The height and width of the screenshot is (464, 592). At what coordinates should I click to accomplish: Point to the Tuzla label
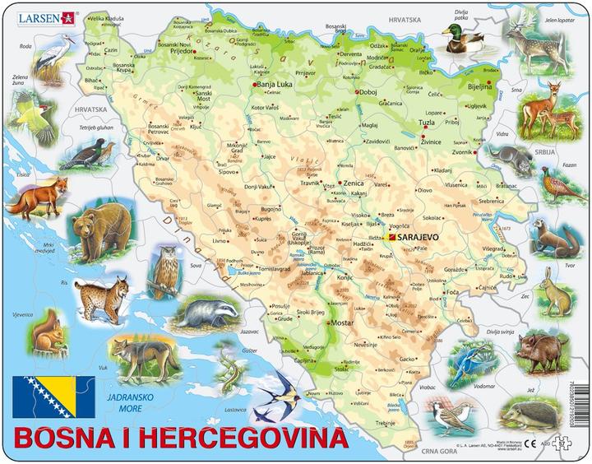[x=427, y=123]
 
